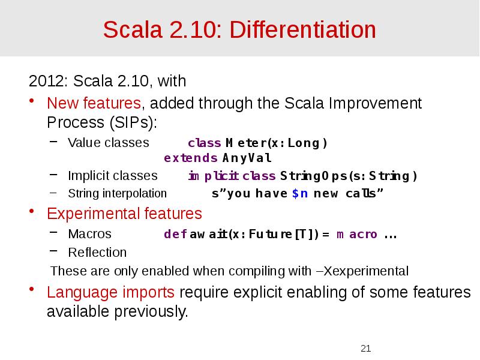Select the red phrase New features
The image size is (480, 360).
coord(94,104)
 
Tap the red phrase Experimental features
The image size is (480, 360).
coord(124,214)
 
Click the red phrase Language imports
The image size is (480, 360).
coord(111,293)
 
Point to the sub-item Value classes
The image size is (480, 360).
coord(109,143)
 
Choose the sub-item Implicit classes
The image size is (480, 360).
coord(113,176)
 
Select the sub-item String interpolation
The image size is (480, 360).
coord(118,193)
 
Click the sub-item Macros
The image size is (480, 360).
coord(90,234)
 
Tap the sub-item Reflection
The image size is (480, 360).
coord(97,252)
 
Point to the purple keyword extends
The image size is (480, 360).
coord(191,158)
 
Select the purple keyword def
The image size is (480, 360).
coord(175,235)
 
